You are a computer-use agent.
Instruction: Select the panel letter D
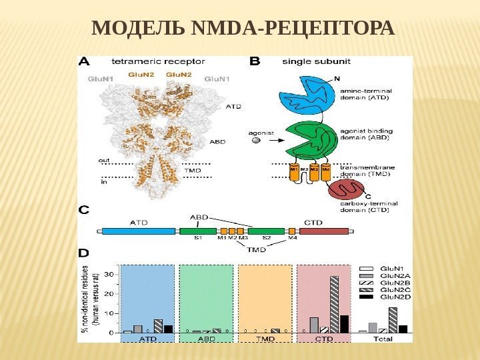pos(85,253)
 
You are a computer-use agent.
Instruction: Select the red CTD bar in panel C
pos(323,231)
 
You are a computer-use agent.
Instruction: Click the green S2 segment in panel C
pos(266,231)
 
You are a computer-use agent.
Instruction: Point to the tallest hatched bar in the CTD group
pos(334,304)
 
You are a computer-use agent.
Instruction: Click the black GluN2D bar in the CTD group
pos(344,323)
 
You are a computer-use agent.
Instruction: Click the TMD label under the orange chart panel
pos(265,339)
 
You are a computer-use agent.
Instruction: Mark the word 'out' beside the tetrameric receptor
pos(105,160)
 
